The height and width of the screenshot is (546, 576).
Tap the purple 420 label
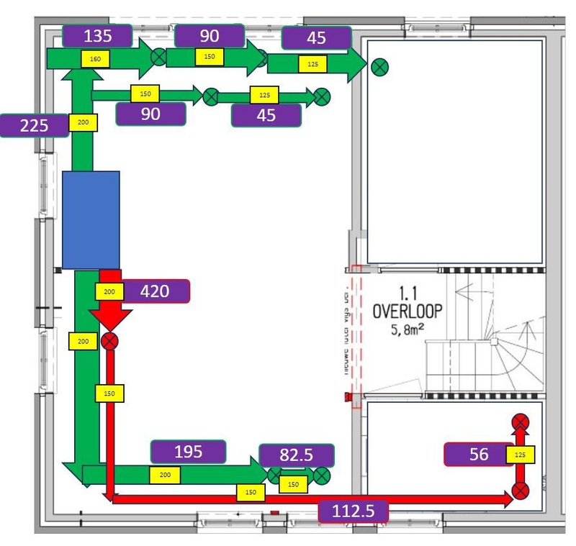click(154, 291)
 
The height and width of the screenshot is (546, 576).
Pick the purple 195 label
click(188, 452)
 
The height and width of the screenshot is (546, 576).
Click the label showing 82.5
click(297, 455)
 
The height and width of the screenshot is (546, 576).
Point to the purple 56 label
click(478, 454)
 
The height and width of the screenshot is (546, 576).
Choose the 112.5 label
click(353, 512)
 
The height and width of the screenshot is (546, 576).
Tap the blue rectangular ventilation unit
click(91, 219)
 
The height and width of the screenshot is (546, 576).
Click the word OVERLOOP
click(408, 311)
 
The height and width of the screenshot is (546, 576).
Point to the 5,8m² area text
click(408, 332)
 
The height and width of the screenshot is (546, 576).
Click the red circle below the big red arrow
click(110, 341)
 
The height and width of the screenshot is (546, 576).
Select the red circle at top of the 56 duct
click(520, 422)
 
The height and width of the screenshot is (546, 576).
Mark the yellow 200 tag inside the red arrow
click(109, 291)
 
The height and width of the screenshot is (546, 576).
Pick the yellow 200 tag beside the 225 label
click(82, 123)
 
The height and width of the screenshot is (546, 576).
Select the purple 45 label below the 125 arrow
click(266, 115)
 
